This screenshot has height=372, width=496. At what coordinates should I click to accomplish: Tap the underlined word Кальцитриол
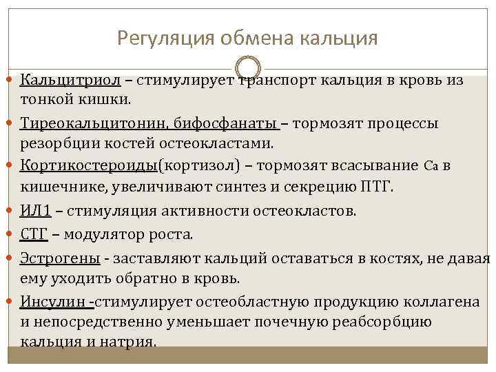pyautogui.click(x=71, y=80)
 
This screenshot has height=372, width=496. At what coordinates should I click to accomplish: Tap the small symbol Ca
pyautogui.click(x=431, y=166)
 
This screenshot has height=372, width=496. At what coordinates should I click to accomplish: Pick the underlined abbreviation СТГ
pyautogui.click(x=34, y=234)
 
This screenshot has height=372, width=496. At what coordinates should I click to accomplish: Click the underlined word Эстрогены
pyautogui.click(x=59, y=258)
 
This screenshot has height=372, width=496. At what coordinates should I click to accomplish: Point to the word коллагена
pyautogui.click(x=441, y=301)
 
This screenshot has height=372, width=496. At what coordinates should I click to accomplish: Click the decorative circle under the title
pyautogui.click(x=249, y=68)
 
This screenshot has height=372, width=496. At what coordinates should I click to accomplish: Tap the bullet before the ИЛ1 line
pyautogui.click(x=13, y=210)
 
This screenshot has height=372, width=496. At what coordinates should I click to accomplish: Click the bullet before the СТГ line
pyautogui.click(x=13, y=234)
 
